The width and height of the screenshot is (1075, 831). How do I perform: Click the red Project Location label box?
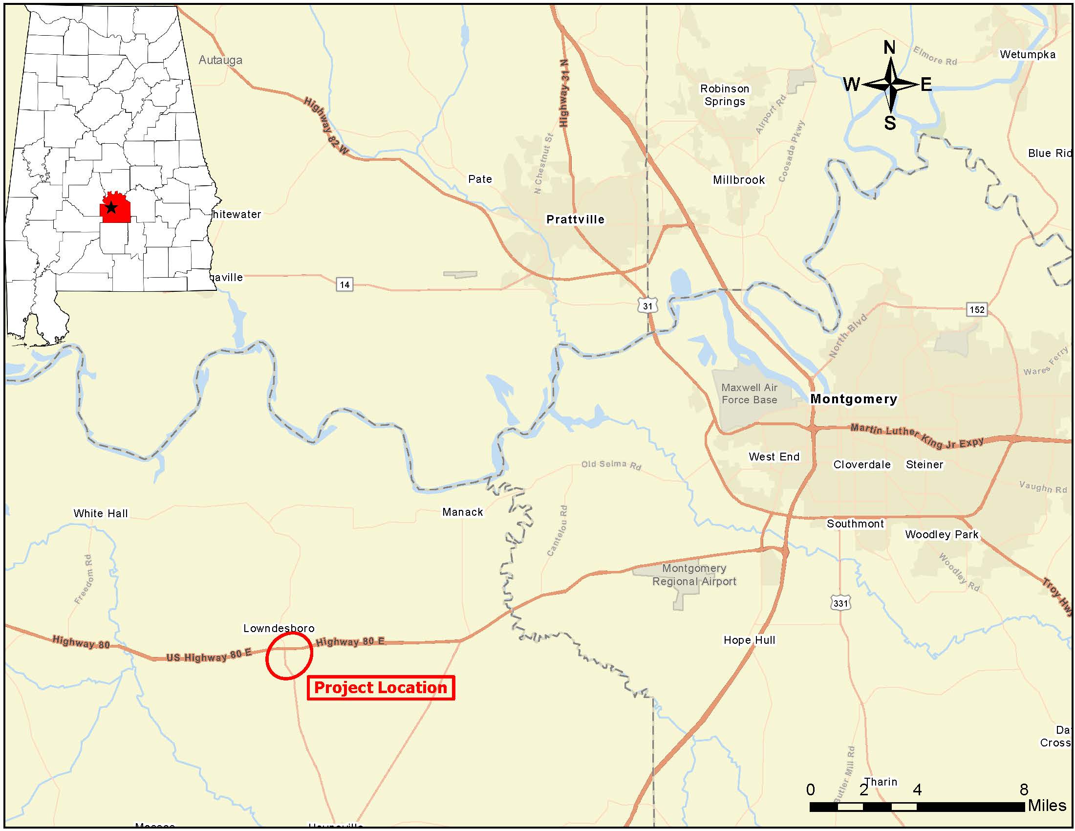[x=381, y=687]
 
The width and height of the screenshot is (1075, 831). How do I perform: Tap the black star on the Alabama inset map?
[x=111, y=207]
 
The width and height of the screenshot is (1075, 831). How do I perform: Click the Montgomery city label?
[x=854, y=399]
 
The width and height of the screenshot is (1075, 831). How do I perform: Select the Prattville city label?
[x=575, y=219]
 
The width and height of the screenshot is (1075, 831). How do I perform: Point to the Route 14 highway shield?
[x=344, y=284]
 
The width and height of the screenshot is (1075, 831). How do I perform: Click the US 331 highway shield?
[x=840, y=603]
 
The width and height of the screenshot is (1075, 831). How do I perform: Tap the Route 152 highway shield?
[x=977, y=309]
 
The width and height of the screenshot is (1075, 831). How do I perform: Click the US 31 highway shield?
[x=647, y=306]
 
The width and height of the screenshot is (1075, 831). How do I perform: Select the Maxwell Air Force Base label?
[x=749, y=394]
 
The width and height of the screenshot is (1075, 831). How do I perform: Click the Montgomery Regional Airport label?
[x=694, y=575]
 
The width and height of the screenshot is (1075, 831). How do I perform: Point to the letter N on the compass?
[x=889, y=48]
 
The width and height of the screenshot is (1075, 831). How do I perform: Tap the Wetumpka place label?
[x=1027, y=55]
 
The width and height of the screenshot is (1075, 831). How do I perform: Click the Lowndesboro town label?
[x=279, y=628]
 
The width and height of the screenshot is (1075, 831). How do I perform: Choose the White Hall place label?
[x=100, y=513]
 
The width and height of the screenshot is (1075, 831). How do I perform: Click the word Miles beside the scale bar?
[x=1047, y=806]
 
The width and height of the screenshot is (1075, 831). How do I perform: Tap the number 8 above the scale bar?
[x=1024, y=789]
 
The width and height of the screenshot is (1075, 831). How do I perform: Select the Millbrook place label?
[x=739, y=180]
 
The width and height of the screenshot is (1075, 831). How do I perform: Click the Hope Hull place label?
[x=749, y=640]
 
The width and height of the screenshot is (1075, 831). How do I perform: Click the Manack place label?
[x=462, y=512]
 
